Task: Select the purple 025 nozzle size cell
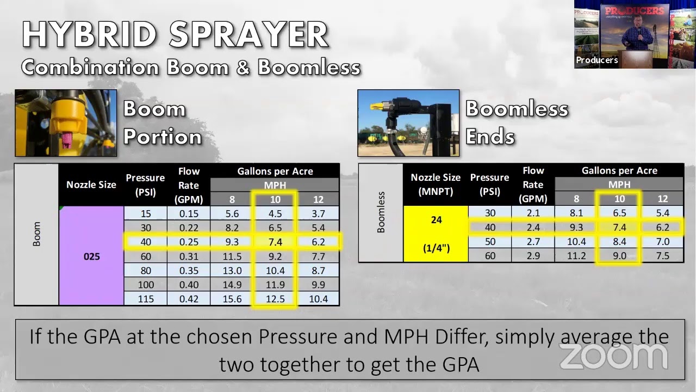tap(91, 256)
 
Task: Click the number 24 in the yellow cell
tap(436, 220)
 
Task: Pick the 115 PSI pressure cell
tap(145, 299)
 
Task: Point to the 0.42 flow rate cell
tap(189, 299)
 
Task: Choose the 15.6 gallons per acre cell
tap(232, 299)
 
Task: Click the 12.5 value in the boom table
tap(275, 299)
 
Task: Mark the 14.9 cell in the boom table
tap(232, 285)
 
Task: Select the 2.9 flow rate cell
tap(533, 256)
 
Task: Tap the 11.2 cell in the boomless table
tap(576, 256)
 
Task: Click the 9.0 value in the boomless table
tap(619, 256)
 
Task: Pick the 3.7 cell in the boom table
tap(318, 213)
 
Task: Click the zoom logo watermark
tap(613, 356)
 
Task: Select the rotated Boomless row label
tap(381, 213)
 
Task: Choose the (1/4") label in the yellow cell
tap(436, 248)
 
